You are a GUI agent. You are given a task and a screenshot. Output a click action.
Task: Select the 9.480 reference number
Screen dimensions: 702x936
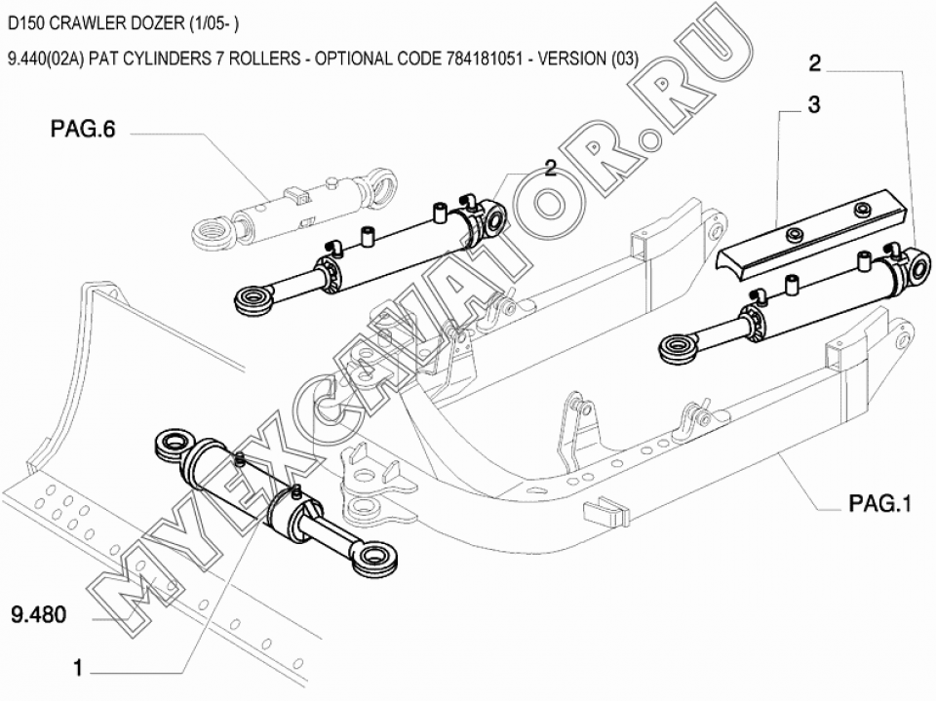click(38, 616)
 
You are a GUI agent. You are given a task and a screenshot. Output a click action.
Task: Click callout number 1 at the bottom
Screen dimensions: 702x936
click(78, 668)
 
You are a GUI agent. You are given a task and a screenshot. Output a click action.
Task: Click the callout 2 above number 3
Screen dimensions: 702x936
click(814, 64)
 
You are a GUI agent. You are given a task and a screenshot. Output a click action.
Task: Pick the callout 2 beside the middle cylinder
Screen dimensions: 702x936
click(551, 168)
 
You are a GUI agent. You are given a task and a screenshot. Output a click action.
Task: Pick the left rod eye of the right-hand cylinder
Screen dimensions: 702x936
click(680, 345)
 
